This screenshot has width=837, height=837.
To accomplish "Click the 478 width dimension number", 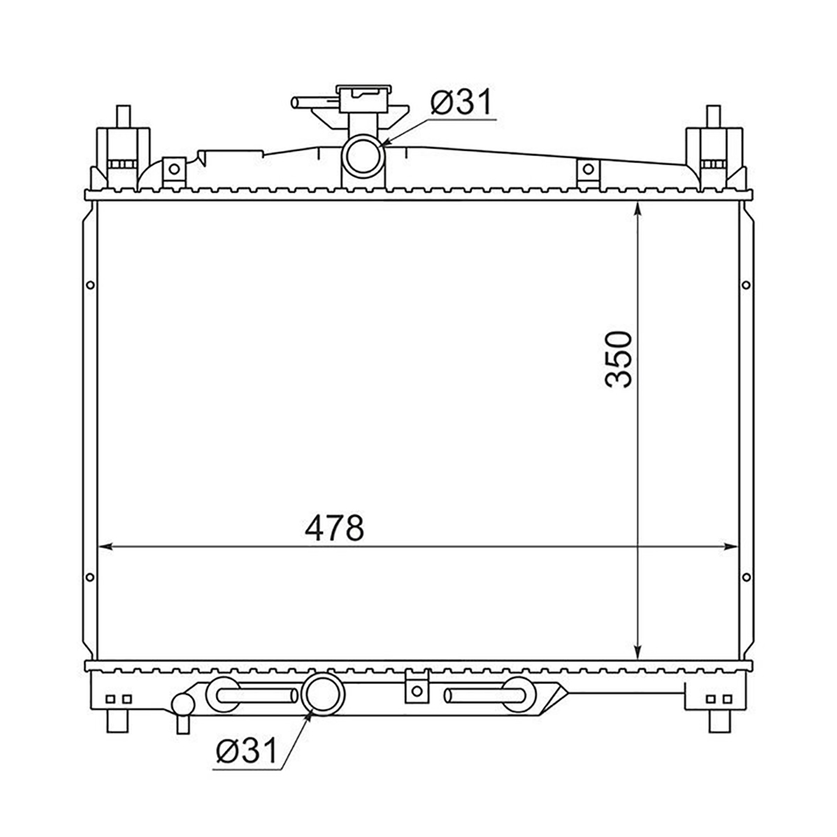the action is pyautogui.click(x=333, y=528).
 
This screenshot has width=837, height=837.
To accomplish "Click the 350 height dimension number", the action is pyautogui.click(x=618, y=360).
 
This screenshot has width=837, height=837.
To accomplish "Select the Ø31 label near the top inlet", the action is pyautogui.click(x=461, y=102).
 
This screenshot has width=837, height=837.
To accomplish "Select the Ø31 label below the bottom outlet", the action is pyautogui.click(x=246, y=751).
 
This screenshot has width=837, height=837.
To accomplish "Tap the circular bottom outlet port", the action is pyautogui.click(x=323, y=695).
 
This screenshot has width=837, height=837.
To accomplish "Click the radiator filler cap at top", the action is pyautogui.click(x=362, y=98).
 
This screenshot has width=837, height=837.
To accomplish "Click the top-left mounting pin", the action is pyautogui.click(x=123, y=116).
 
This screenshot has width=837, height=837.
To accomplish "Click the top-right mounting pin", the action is pyautogui.click(x=714, y=116).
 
